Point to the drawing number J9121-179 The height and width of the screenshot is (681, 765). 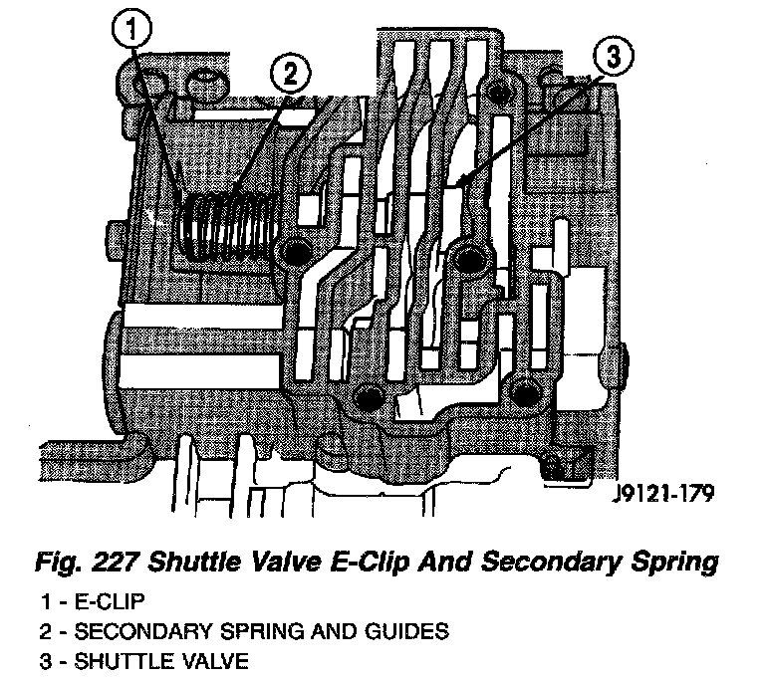coord(657,494)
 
